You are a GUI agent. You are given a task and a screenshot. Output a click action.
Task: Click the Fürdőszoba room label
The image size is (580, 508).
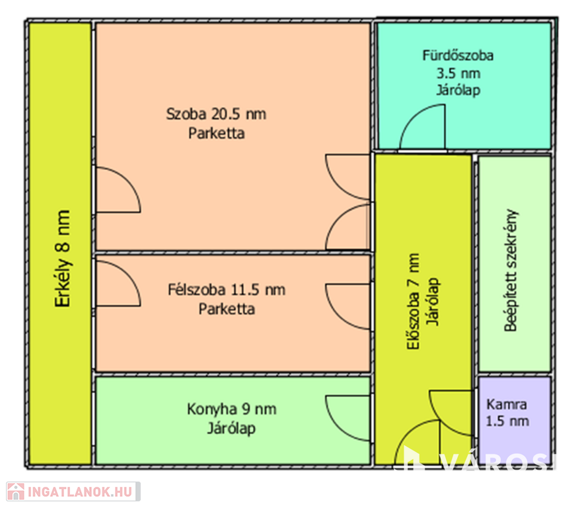[x=458, y=56]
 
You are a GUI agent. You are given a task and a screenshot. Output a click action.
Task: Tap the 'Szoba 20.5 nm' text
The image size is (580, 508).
[x=216, y=114]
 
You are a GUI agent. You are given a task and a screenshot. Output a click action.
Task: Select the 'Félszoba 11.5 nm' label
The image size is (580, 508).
[x=227, y=290]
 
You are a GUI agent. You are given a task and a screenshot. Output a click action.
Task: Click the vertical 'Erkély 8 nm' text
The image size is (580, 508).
[x=63, y=259]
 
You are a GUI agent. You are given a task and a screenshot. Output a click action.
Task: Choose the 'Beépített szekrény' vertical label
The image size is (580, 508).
[x=511, y=271]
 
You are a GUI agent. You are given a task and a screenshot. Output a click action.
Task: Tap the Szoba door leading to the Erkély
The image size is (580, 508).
[x=117, y=190]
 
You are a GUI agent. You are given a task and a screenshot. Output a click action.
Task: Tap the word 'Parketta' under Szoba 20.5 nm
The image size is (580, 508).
[x=216, y=133]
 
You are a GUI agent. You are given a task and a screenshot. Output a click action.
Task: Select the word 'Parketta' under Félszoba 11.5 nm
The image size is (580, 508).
[x=227, y=309]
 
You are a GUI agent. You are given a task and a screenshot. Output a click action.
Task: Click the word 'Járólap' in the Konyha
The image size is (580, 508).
[x=231, y=428]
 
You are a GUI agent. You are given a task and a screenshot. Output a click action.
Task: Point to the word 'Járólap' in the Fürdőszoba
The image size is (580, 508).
[x=458, y=90]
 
